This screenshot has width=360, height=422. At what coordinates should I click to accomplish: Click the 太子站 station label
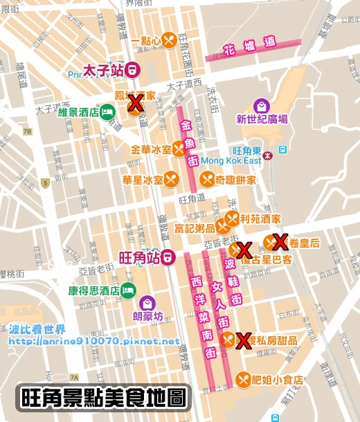coord(102,69)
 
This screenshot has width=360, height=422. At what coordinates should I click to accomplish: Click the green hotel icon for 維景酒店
coord(106,112)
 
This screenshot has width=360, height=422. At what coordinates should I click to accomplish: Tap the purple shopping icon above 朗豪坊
coord(147,302)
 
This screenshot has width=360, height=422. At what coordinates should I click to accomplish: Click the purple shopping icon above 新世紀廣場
coord(261,106)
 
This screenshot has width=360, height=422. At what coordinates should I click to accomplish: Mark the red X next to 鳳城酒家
coord(136,104)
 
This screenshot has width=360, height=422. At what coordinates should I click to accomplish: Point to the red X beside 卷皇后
coord(280,242)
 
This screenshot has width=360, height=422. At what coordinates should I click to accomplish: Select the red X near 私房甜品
coord(243,340)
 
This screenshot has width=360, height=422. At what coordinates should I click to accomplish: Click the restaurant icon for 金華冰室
coord(179,148)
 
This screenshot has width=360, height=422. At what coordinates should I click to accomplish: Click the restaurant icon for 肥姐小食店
coord(243,378)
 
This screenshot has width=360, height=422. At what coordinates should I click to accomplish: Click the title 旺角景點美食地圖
coord(104,398)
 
